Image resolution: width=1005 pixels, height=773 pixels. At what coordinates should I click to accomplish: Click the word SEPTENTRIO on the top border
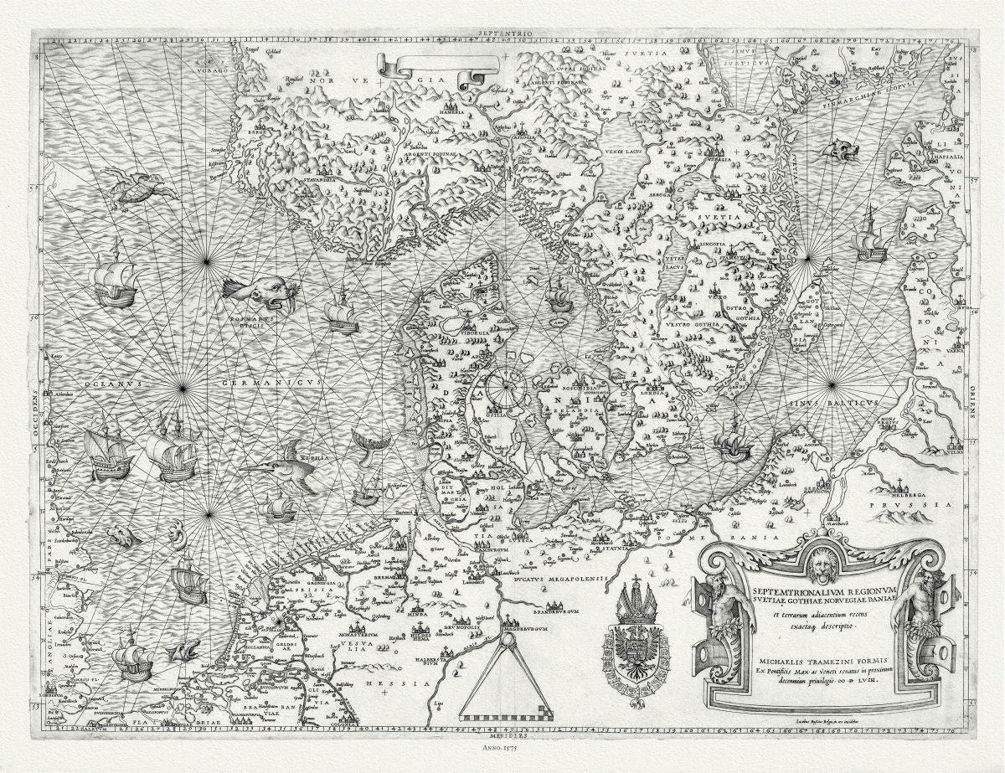point(500,33)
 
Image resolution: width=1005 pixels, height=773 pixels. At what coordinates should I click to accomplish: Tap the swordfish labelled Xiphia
point(281,466)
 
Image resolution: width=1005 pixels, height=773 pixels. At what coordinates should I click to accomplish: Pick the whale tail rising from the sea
point(367,441)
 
